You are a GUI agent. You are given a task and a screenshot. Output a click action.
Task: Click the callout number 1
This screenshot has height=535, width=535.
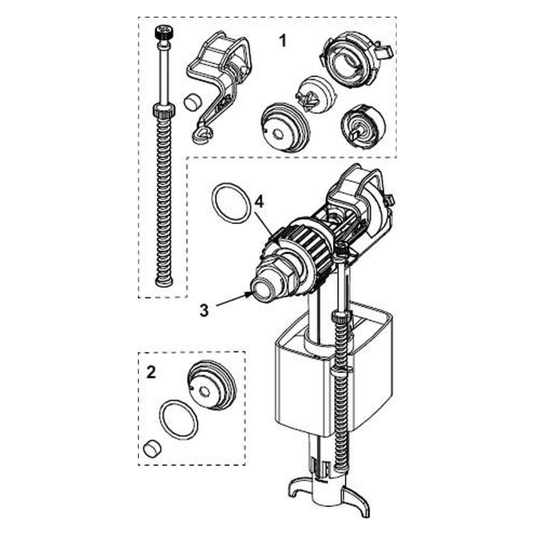point(282,41)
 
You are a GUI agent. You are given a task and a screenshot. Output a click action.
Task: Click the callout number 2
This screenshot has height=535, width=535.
point(151,372)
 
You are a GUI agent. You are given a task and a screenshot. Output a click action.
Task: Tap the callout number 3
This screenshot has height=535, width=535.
point(204,311)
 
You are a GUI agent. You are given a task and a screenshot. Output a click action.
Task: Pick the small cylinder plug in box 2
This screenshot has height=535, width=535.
point(152,448)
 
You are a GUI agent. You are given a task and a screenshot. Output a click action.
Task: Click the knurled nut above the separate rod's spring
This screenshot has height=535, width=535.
point(164,110)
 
